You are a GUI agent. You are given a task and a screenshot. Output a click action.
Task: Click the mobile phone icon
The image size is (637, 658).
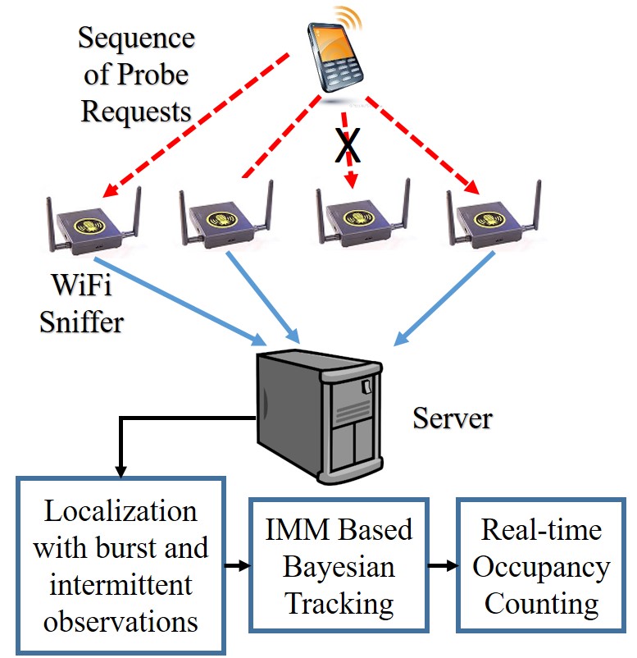tap(334, 57)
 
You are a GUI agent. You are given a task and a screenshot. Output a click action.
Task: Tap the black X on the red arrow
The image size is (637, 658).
tap(348, 145)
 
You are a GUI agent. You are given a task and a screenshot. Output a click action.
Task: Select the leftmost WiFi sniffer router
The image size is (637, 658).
tap(93, 222)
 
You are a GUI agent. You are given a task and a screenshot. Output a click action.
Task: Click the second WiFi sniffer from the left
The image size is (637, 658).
tap(226, 215)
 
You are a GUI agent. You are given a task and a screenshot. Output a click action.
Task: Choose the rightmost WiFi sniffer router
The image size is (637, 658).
tap(494, 215)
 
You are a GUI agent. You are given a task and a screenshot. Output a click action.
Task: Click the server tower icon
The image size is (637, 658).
tap(320, 416)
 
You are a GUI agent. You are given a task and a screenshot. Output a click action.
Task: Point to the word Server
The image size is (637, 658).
tap(453, 418)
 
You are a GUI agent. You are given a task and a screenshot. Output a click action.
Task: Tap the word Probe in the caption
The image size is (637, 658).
tap(152, 75)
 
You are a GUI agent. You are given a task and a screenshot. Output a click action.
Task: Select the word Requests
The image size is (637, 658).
tap(136, 112)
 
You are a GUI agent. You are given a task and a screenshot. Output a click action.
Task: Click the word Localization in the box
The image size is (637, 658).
tap(121, 511)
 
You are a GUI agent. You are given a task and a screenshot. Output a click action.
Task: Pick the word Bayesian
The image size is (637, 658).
tap(339, 568)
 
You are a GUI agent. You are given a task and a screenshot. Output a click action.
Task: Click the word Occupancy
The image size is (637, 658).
tap(541, 568)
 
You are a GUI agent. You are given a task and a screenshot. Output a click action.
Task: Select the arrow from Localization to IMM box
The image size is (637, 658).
tap(238, 565)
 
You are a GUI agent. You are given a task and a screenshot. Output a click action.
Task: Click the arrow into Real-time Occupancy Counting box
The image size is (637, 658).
tap(443, 565)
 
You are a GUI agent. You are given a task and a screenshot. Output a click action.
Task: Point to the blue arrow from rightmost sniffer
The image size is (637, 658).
tap(444, 299)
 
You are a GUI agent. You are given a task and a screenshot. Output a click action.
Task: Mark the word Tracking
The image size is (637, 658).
tap(339, 605)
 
